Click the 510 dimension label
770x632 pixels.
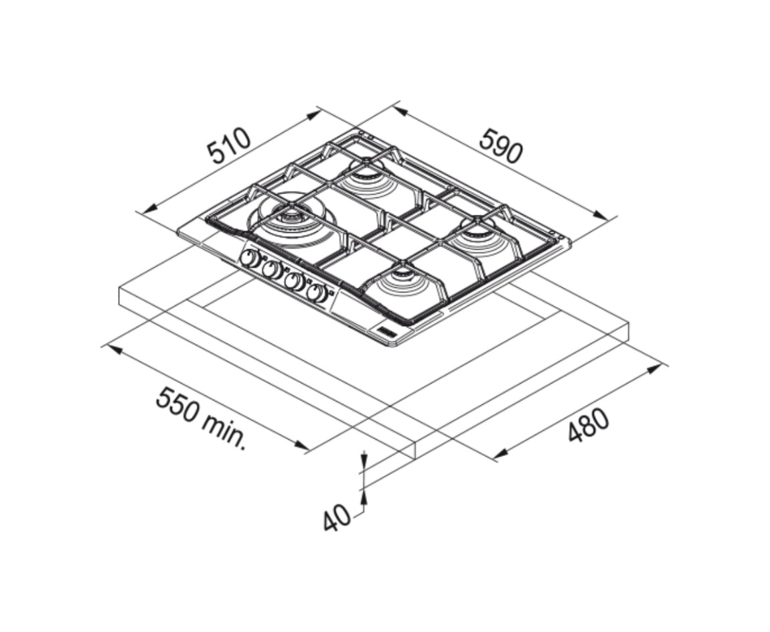(x=229, y=147)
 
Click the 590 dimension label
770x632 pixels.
(x=501, y=146)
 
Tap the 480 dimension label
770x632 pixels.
(x=588, y=425)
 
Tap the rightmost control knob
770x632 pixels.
(x=317, y=293)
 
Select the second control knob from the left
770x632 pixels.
(x=272, y=270)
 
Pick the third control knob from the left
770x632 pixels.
(x=295, y=281)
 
